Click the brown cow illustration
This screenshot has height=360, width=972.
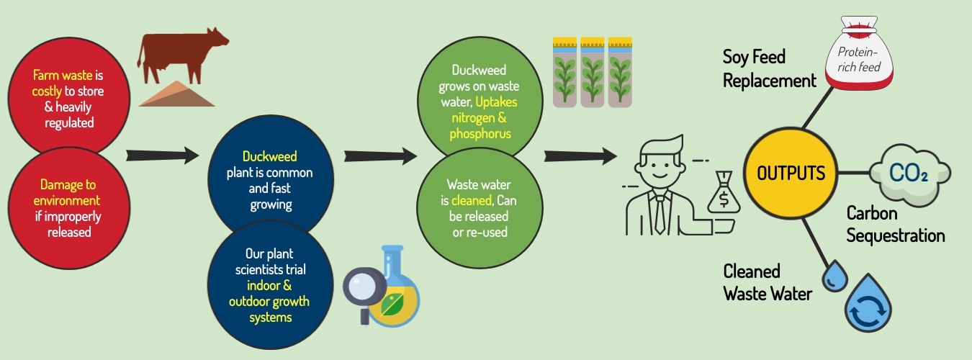point(180,56)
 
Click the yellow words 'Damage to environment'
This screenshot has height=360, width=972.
point(67,192)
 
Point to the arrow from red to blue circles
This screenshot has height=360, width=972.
point(162,155)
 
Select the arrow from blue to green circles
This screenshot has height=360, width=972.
point(380,156)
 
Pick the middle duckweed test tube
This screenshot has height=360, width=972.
point(592,72)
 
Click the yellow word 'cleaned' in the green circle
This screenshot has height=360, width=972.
point(471,200)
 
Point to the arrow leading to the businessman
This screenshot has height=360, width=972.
point(580,156)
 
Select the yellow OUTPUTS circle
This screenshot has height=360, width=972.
point(791,174)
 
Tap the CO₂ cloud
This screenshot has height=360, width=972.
point(909,174)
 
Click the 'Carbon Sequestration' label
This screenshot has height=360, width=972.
point(895,225)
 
